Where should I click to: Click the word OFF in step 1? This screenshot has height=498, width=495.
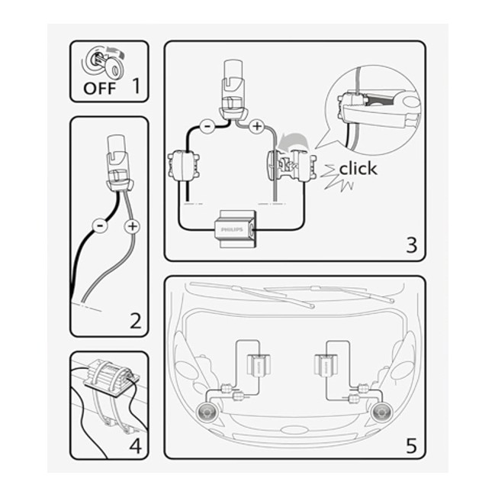99,89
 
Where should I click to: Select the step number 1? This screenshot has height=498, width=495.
136,86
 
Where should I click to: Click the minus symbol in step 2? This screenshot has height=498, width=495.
100,226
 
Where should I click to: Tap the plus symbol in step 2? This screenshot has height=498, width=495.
132,226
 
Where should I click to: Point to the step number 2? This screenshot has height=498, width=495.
136,321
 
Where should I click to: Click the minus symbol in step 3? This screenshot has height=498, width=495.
207,126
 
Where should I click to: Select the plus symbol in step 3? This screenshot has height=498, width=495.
256,126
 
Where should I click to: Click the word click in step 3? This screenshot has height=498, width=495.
358,168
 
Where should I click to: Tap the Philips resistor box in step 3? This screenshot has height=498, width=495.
235,229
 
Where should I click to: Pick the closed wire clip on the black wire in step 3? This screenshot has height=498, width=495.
184,166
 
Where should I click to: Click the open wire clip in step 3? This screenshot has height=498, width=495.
292,166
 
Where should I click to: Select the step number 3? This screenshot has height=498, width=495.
412,245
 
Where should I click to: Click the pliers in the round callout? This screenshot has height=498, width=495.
381,108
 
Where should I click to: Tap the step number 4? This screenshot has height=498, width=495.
135,446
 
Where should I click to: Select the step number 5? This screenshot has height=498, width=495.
411,445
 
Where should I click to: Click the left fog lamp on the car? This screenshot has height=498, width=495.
207,412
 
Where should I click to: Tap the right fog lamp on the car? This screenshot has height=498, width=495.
380,412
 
